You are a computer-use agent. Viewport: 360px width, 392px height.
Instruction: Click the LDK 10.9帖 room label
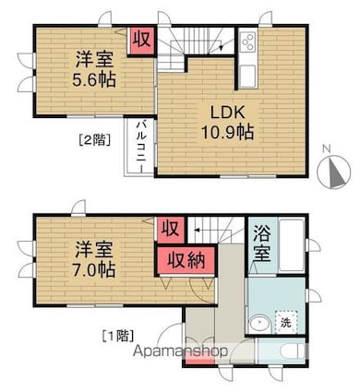[227, 123]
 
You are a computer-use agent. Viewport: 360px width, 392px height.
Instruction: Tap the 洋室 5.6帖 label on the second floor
[94, 69]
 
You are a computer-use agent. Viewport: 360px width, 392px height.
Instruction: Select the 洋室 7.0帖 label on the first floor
[94, 259]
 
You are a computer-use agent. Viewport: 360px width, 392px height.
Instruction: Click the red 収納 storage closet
[186, 261]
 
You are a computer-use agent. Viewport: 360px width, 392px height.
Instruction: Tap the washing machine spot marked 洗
[286, 322]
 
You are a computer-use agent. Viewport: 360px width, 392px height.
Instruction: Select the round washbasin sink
[259, 324]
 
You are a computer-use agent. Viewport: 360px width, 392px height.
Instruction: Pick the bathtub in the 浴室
[292, 245]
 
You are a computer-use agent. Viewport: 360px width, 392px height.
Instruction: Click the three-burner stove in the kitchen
[248, 42]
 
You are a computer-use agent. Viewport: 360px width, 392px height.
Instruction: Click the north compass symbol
[334, 172]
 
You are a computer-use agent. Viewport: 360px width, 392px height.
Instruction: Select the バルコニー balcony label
[141, 147]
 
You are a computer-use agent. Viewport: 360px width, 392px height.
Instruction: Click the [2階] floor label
[93, 140]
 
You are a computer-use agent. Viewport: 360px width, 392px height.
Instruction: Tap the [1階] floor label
[118, 336]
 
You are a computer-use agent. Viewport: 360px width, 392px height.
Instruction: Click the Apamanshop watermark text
[181, 350]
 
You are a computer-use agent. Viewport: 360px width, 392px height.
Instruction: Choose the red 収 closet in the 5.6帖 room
[141, 41]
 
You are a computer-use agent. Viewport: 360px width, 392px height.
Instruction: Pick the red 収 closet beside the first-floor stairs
[171, 229]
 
